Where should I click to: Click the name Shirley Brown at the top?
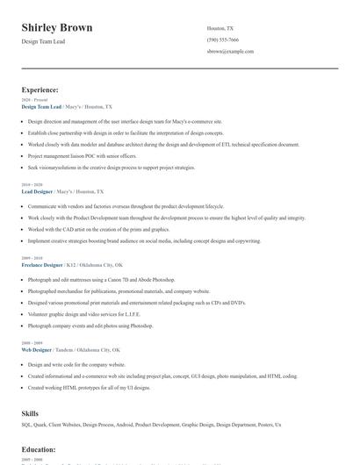pos(57,28)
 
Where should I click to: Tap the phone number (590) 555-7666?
pos(222,40)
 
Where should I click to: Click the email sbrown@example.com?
pos(230,52)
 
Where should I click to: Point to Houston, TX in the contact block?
pos(220,29)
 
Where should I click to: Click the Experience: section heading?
pos(40,89)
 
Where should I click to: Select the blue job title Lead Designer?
pos(37,191)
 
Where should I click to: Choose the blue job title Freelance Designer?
pos(42,264)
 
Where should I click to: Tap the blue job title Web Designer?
pos(36,349)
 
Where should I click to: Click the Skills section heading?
pos(30,412)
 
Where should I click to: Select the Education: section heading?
pos(39,450)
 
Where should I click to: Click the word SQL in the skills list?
pos(27,425)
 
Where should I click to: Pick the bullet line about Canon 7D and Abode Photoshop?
pos(101,279)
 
